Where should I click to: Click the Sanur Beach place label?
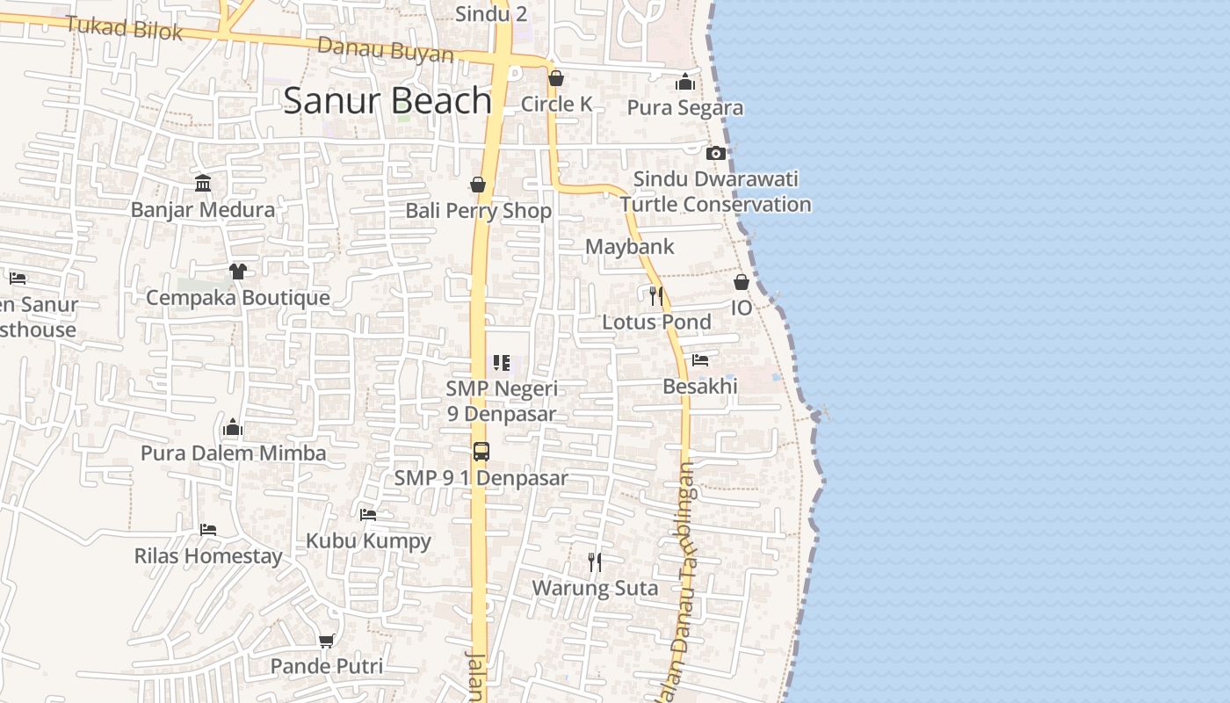pyautogui.click(x=387, y=101)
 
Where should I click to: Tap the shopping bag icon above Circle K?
pyautogui.click(x=555, y=79)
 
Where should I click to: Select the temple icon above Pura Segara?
pyautogui.click(x=685, y=83)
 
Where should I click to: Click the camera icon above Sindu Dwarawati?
pyautogui.click(x=716, y=153)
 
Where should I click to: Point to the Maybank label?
pyautogui.click(x=630, y=247)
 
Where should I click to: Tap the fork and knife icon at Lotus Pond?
pyautogui.click(x=655, y=294)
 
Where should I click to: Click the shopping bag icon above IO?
pyautogui.click(x=742, y=282)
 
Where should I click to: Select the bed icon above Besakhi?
pyautogui.click(x=700, y=360)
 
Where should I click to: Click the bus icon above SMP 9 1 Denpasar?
pyautogui.click(x=481, y=452)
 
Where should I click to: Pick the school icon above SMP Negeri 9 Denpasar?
pyautogui.click(x=502, y=362)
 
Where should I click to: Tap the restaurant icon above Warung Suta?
pyautogui.click(x=595, y=562)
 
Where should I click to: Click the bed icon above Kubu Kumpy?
pyautogui.click(x=368, y=514)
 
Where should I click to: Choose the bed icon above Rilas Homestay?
pyautogui.click(x=208, y=530)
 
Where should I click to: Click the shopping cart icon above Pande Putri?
pyautogui.click(x=327, y=641)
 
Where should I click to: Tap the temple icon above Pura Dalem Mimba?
pyautogui.click(x=233, y=428)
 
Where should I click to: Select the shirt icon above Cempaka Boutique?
pyautogui.click(x=237, y=271)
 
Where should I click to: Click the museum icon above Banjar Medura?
pyautogui.click(x=203, y=183)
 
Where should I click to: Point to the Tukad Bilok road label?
pyautogui.click(x=124, y=28)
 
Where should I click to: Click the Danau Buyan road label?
pyautogui.click(x=386, y=49)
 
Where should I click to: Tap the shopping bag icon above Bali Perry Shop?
pyautogui.click(x=478, y=185)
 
